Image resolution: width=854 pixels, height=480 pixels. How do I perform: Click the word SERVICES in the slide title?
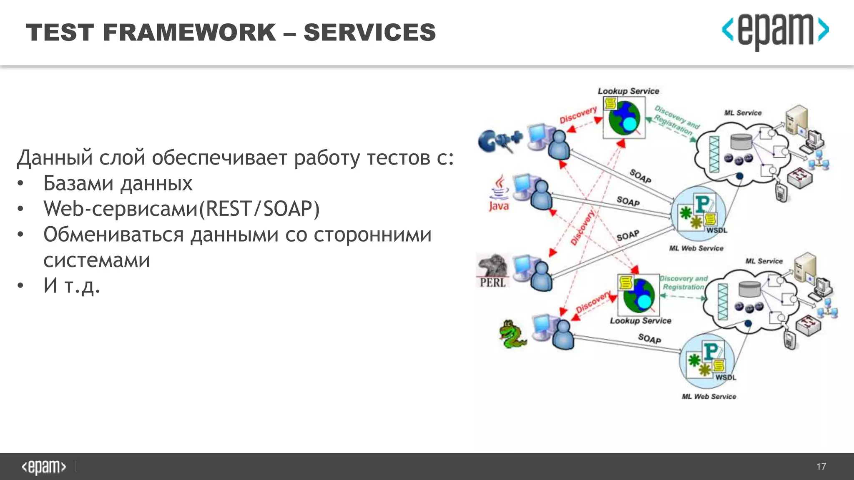369,32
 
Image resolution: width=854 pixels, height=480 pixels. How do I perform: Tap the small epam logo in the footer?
44,467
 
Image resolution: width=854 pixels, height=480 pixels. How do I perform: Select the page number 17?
821,467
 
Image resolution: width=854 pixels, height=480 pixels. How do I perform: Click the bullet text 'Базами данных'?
118,183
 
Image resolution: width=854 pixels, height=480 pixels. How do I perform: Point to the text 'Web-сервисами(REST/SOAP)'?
181,209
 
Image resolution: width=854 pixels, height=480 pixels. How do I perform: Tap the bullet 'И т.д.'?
72,286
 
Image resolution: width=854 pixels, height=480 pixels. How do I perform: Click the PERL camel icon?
493,270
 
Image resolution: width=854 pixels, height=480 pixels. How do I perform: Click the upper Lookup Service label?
628,91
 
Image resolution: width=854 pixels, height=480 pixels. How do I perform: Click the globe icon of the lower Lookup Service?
638,296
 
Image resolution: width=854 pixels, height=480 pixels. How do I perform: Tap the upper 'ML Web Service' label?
696,248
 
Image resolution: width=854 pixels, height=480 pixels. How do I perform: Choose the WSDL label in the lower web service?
726,377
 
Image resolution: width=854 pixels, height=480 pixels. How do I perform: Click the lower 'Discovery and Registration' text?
684,282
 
